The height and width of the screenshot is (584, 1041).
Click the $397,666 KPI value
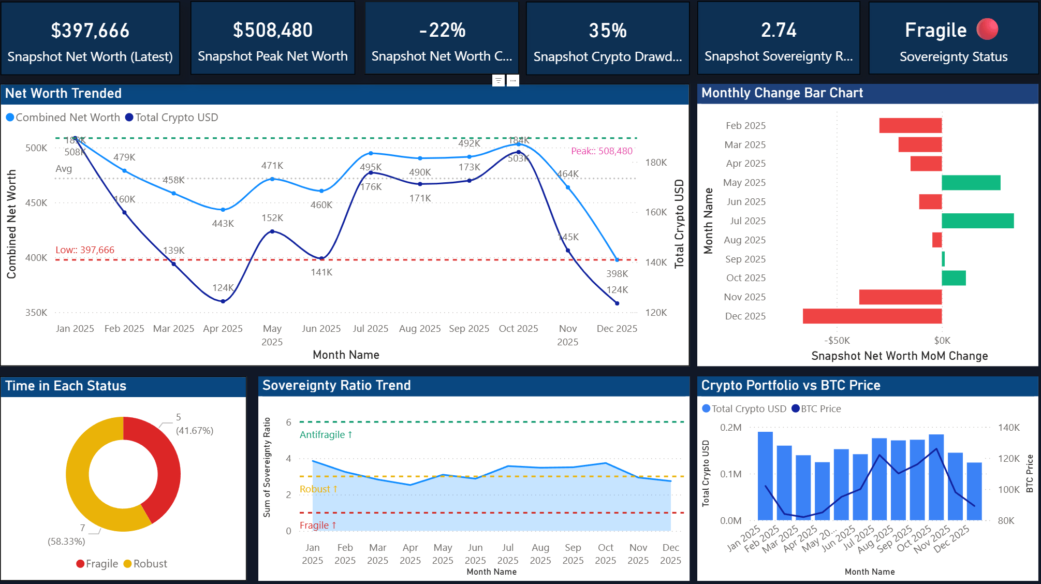[x=90, y=31]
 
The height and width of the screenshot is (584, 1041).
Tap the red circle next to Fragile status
[x=987, y=30]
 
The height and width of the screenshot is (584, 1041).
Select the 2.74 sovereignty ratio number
[x=778, y=31]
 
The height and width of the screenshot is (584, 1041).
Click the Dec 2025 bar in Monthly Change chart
[x=872, y=316]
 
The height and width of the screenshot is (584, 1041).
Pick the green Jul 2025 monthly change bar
[x=977, y=221]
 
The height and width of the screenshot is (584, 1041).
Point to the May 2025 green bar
[x=971, y=183]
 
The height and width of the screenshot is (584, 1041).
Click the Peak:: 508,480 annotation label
[x=602, y=151]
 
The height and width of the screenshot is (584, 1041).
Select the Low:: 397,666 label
[x=85, y=250]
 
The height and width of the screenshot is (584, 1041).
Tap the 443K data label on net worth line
[x=223, y=224]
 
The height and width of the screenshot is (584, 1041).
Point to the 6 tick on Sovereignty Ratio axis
[x=289, y=422]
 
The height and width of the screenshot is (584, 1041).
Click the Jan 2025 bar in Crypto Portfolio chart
[x=765, y=475]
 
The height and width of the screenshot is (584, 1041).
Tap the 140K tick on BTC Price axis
[x=1008, y=428]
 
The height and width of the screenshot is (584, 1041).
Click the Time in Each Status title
[x=66, y=386]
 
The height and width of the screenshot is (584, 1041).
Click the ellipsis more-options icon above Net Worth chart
[x=512, y=81]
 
